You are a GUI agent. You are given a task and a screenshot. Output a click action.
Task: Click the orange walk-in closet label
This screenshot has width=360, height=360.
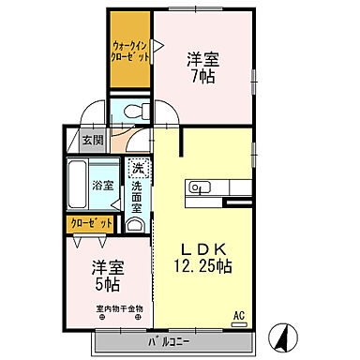tap(130, 50)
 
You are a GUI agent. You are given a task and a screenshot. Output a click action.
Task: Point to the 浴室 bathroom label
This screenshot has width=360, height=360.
tap(102, 186)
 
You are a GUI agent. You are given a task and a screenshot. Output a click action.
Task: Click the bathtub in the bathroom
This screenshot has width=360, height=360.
tap(78, 187)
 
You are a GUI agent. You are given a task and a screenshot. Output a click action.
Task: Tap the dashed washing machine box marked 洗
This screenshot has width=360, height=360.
tap(138, 169)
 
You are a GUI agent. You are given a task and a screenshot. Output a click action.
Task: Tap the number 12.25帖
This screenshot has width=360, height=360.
tap(202, 265)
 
